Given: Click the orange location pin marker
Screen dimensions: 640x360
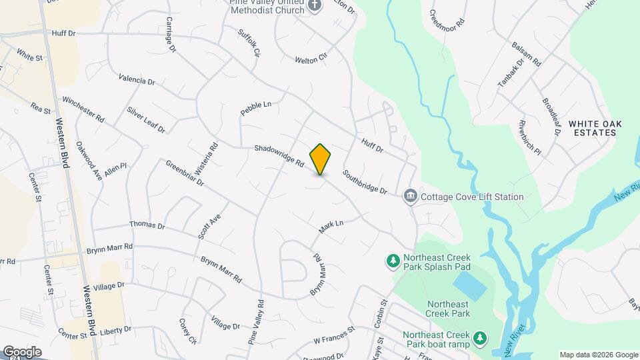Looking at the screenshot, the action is click(x=321, y=159).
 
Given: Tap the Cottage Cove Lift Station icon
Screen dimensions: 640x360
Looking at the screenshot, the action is click(x=410, y=196).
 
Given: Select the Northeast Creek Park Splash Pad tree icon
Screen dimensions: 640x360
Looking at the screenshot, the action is click(x=393, y=259).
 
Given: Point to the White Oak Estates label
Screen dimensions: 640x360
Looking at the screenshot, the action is click(x=592, y=128).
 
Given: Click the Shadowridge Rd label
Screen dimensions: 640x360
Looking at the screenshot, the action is click(x=279, y=156).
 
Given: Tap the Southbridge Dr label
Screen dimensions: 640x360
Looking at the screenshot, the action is click(x=365, y=182).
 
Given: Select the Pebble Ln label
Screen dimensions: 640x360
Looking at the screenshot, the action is click(x=257, y=109).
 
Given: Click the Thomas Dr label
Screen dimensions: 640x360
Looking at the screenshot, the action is click(x=147, y=225).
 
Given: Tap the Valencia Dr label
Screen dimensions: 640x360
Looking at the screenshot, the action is click(x=137, y=80).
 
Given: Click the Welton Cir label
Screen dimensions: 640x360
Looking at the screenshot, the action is click(x=311, y=59).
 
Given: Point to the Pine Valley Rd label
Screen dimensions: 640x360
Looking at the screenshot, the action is click(x=256, y=321).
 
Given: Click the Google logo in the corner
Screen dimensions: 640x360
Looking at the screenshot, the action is click(x=21, y=351).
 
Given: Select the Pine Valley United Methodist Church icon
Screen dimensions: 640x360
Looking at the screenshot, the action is click(x=315, y=6).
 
